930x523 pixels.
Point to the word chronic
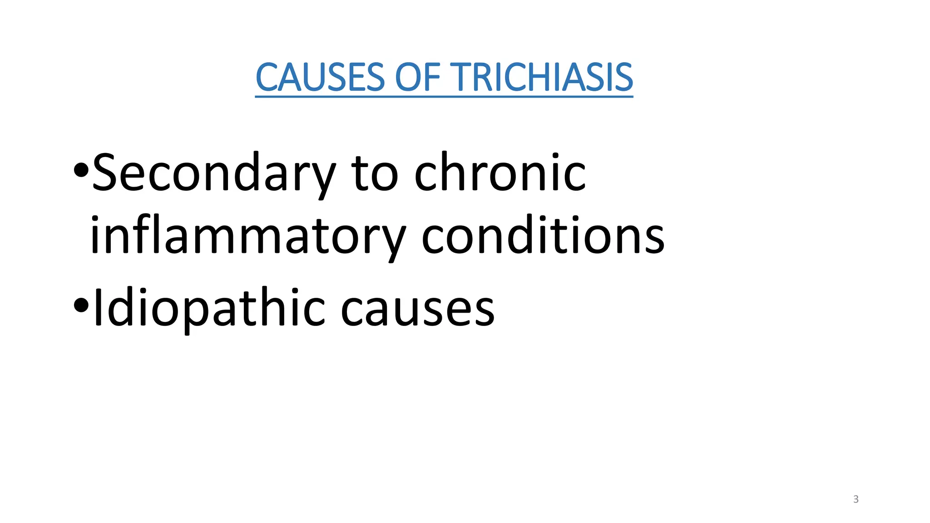pyautogui.click(x=500, y=173)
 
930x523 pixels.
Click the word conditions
pyautogui.click(x=543, y=237)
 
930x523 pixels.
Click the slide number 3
pyautogui.click(x=856, y=499)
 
